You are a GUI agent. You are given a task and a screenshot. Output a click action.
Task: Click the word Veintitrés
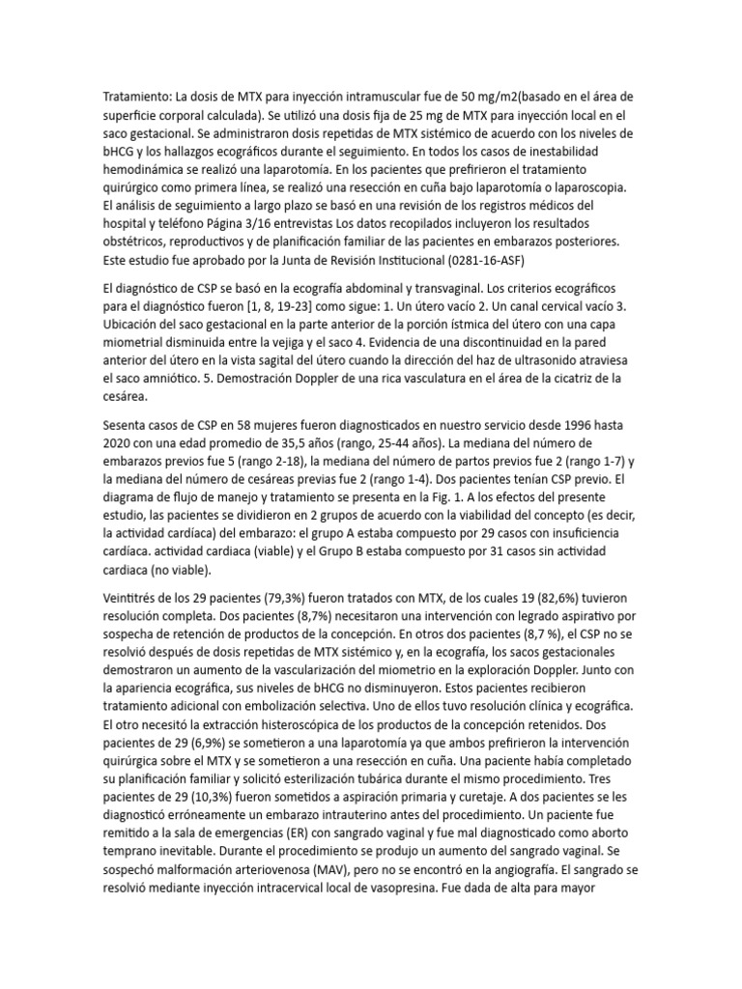click(x=133, y=597)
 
